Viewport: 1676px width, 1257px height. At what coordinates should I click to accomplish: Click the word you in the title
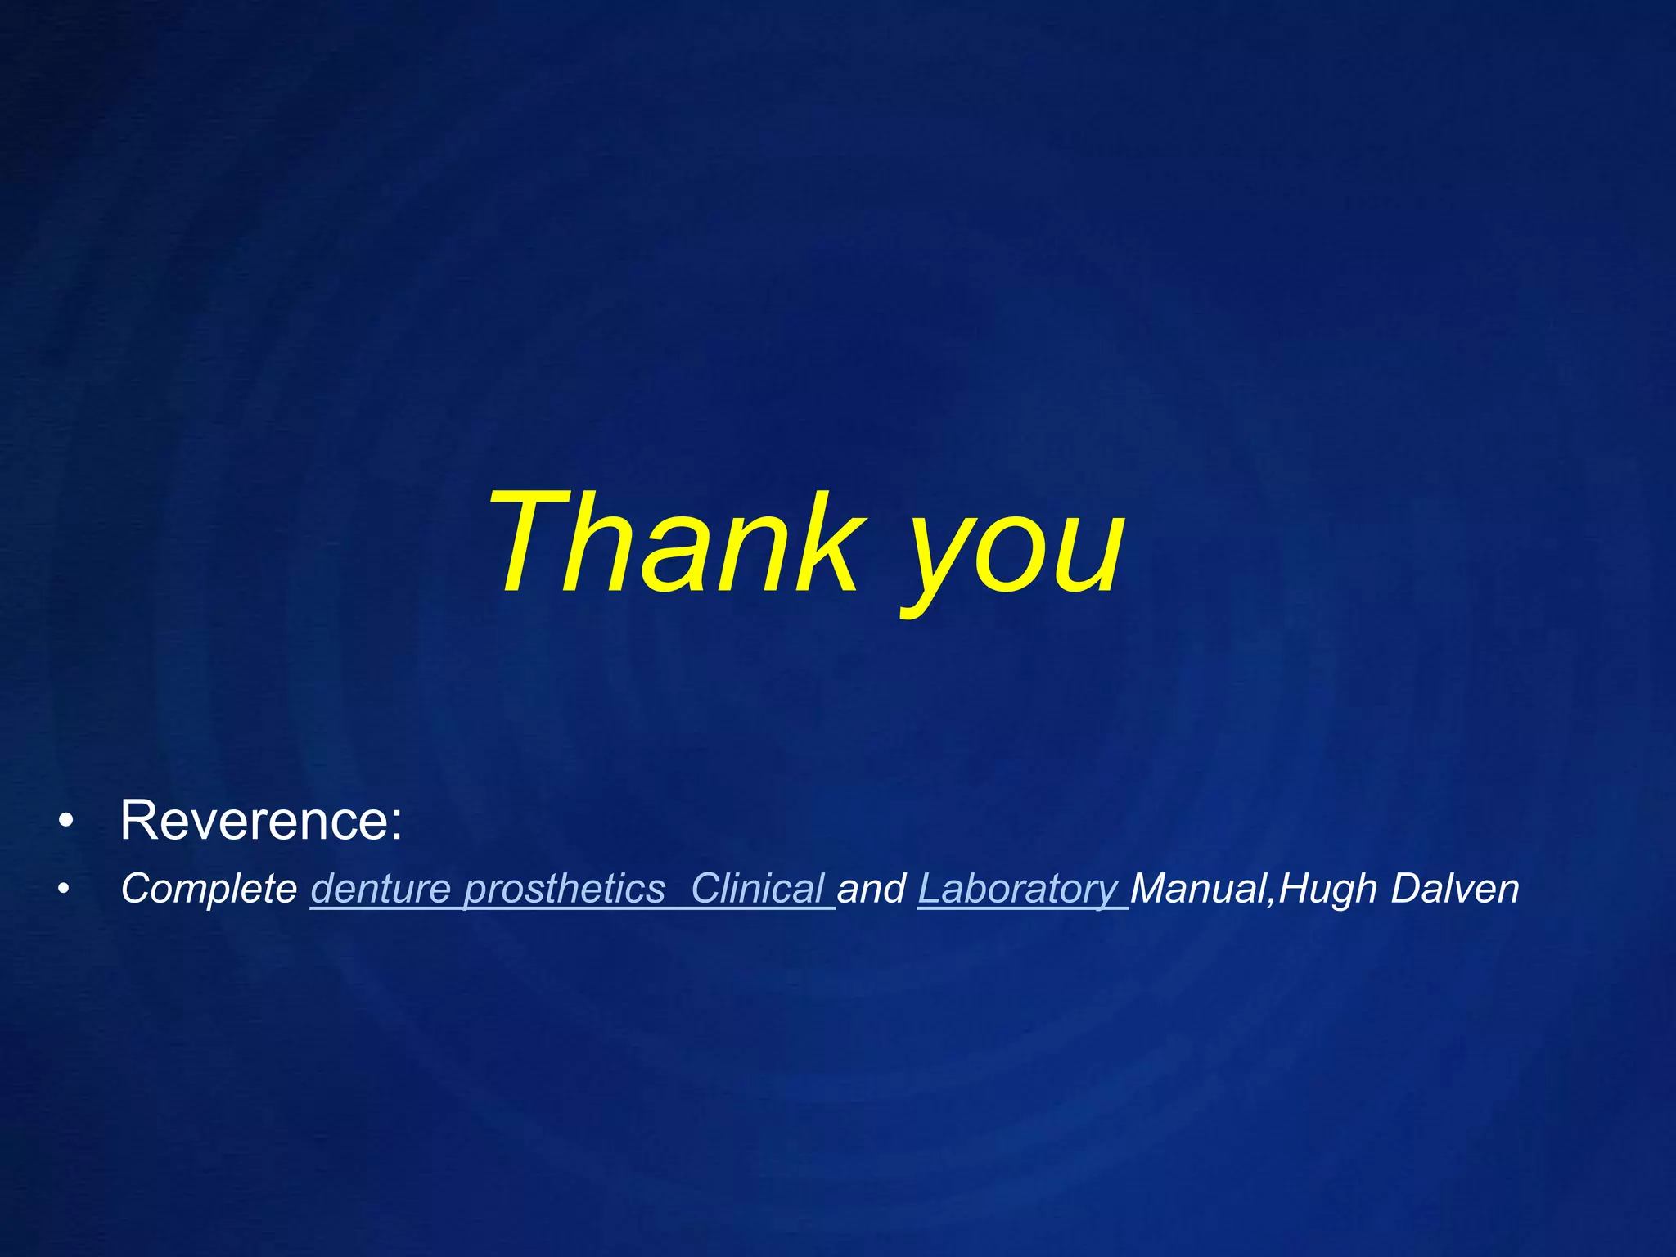click(x=1015, y=556)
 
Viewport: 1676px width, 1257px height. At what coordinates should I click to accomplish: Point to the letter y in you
click(x=941, y=565)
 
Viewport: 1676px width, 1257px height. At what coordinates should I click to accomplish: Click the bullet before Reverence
click(x=66, y=821)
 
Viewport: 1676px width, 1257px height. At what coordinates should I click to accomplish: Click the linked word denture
click(x=381, y=889)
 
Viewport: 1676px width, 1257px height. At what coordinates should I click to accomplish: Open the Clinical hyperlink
click(x=757, y=889)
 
